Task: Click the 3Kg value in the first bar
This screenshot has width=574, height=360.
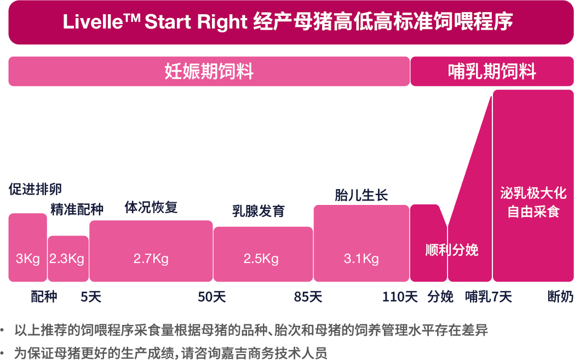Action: click(28, 259)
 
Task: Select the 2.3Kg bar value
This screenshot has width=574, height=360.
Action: click(67, 259)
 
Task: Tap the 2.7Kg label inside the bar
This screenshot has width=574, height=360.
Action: click(151, 259)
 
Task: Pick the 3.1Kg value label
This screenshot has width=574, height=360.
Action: click(361, 259)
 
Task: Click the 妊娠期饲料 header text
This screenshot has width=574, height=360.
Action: click(209, 72)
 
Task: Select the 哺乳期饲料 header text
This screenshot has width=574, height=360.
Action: click(491, 72)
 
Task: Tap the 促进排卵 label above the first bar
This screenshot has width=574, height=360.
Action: click(35, 189)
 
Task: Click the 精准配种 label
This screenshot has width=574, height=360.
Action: click(77, 209)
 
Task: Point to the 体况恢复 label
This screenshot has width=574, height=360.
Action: click(151, 208)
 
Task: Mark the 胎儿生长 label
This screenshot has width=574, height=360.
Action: click(361, 195)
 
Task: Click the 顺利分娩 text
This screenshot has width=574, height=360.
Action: click(452, 250)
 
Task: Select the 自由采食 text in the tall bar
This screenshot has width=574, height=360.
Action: click(533, 212)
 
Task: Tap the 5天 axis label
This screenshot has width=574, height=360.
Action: click(91, 297)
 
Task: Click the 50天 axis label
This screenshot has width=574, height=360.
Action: click(211, 297)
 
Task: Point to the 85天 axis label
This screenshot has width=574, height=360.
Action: click(308, 297)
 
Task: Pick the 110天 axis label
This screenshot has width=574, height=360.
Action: click(400, 297)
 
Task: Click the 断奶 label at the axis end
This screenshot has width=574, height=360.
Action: click(560, 297)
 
